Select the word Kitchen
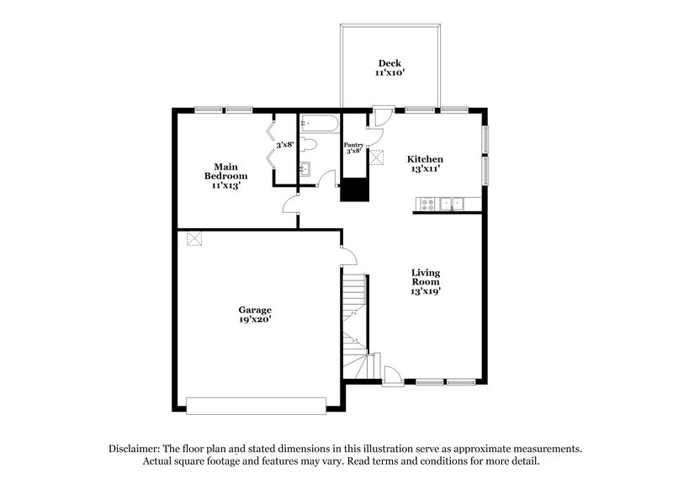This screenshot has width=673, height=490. [x=425, y=159]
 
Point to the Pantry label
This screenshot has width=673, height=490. [x=354, y=145]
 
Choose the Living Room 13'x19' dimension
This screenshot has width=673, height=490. [x=426, y=290]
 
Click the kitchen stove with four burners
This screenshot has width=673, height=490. [x=427, y=203]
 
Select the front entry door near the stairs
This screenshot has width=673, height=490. [x=392, y=375]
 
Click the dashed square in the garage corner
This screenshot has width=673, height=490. [x=194, y=239]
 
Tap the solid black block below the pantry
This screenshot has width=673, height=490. [x=354, y=189]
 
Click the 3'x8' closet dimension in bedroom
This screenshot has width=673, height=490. [x=285, y=145]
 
